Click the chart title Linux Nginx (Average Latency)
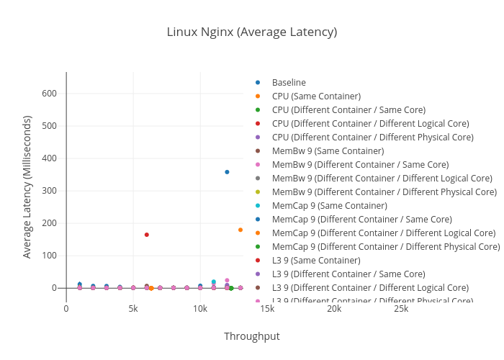252,32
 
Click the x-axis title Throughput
251,336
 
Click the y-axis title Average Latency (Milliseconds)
27,186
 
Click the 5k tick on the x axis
133,309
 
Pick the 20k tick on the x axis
334,309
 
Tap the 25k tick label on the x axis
401,309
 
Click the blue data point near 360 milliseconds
227,172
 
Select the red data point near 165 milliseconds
147,235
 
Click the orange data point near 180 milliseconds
240,230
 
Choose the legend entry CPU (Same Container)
316,96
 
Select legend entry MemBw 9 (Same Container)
328,151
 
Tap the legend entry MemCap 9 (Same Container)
329,206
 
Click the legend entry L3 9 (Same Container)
315,261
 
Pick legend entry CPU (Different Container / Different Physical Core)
372,138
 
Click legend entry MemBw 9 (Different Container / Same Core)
360,165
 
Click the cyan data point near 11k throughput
214,282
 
